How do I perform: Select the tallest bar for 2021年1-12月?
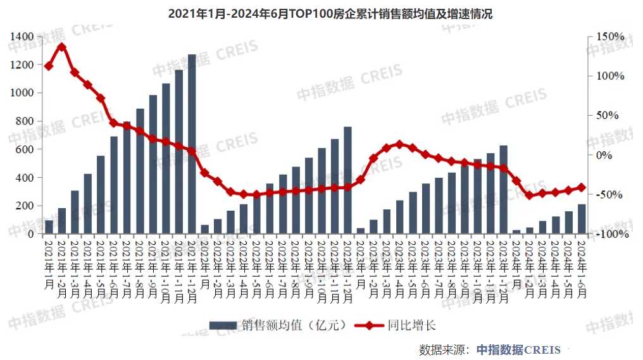192,144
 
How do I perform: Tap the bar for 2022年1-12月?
347,180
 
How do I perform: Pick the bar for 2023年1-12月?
504,190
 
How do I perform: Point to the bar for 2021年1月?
49,227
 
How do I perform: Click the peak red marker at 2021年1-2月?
61,46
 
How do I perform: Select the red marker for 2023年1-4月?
399,144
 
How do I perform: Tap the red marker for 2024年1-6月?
582,187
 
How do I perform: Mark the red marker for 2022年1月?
204,172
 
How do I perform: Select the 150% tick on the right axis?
609,37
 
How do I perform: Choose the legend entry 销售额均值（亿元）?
279,325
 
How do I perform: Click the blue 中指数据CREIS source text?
518,349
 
